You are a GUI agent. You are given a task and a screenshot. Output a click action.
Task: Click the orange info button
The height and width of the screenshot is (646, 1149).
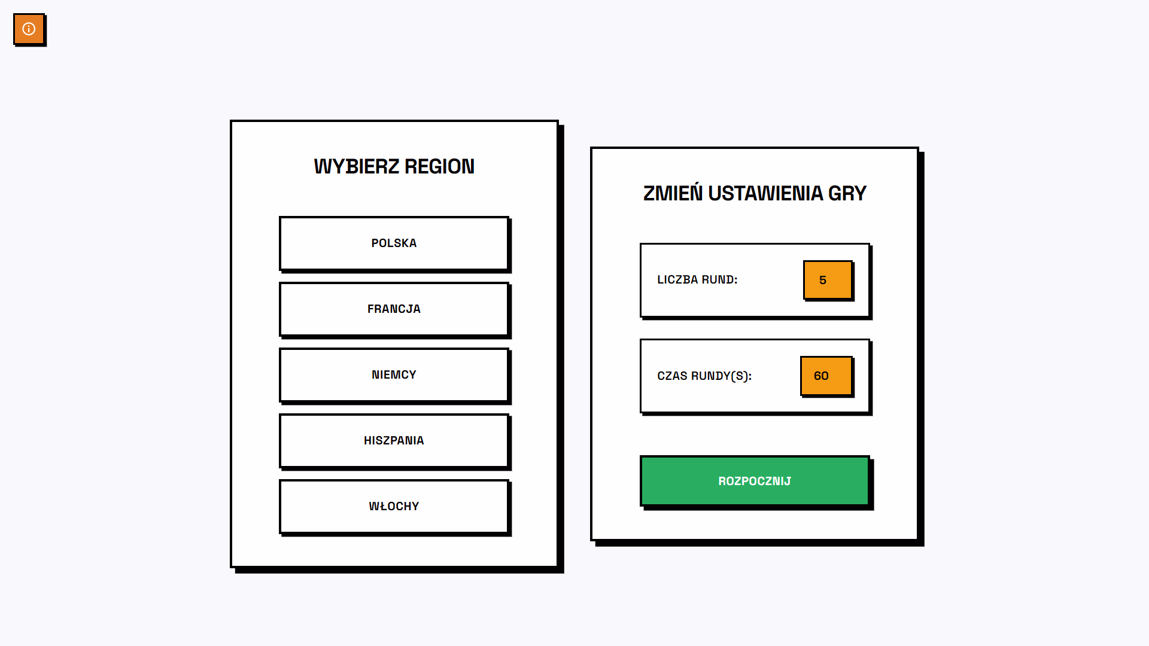pyautogui.click(x=29, y=29)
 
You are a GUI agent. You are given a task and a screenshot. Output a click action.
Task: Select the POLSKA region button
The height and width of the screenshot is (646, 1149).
pyautogui.click(x=394, y=243)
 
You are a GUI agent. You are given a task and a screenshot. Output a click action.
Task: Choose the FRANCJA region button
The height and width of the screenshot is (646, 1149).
pyautogui.click(x=394, y=309)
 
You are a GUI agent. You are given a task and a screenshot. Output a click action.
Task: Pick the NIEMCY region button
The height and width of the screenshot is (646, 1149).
pyautogui.click(x=394, y=375)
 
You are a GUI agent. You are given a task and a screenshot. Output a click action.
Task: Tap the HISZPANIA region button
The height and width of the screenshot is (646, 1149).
pyautogui.click(x=394, y=441)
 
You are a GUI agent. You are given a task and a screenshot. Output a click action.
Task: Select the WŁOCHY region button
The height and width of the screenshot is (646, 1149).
pyautogui.click(x=394, y=507)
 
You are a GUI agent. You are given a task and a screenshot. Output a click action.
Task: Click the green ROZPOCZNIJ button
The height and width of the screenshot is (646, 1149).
pyautogui.click(x=754, y=481)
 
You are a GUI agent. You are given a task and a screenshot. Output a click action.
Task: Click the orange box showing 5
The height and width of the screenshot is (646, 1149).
pyautogui.click(x=828, y=280)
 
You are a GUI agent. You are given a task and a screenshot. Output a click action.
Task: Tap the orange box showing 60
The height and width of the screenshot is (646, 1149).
pyautogui.click(x=826, y=376)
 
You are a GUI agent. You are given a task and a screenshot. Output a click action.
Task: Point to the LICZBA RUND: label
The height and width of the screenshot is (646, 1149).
pyautogui.click(x=697, y=280)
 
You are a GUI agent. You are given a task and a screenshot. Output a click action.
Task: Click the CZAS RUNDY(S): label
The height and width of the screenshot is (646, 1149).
pyautogui.click(x=704, y=376)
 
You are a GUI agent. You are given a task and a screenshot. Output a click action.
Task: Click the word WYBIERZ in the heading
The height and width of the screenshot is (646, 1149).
pyautogui.click(x=356, y=166)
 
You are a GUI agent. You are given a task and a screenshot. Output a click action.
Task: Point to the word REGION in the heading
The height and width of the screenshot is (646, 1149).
pyautogui.click(x=439, y=166)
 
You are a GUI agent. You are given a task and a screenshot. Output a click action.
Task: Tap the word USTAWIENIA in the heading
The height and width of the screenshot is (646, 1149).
pyautogui.click(x=765, y=193)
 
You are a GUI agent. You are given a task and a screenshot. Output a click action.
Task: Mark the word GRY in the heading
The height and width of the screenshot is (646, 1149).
pyautogui.click(x=847, y=193)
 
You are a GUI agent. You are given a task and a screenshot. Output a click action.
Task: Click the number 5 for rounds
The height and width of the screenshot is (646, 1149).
pyautogui.click(x=823, y=280)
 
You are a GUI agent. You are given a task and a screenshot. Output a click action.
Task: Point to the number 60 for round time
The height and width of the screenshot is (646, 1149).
pyautogui.click(x=821, y=376)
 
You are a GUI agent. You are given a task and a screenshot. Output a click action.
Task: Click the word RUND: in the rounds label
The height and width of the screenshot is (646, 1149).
pyautogui.click(x=719, y=280)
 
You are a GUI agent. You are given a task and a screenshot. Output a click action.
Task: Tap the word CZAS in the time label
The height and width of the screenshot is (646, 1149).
pyautogui.click(x=672, y=376)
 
